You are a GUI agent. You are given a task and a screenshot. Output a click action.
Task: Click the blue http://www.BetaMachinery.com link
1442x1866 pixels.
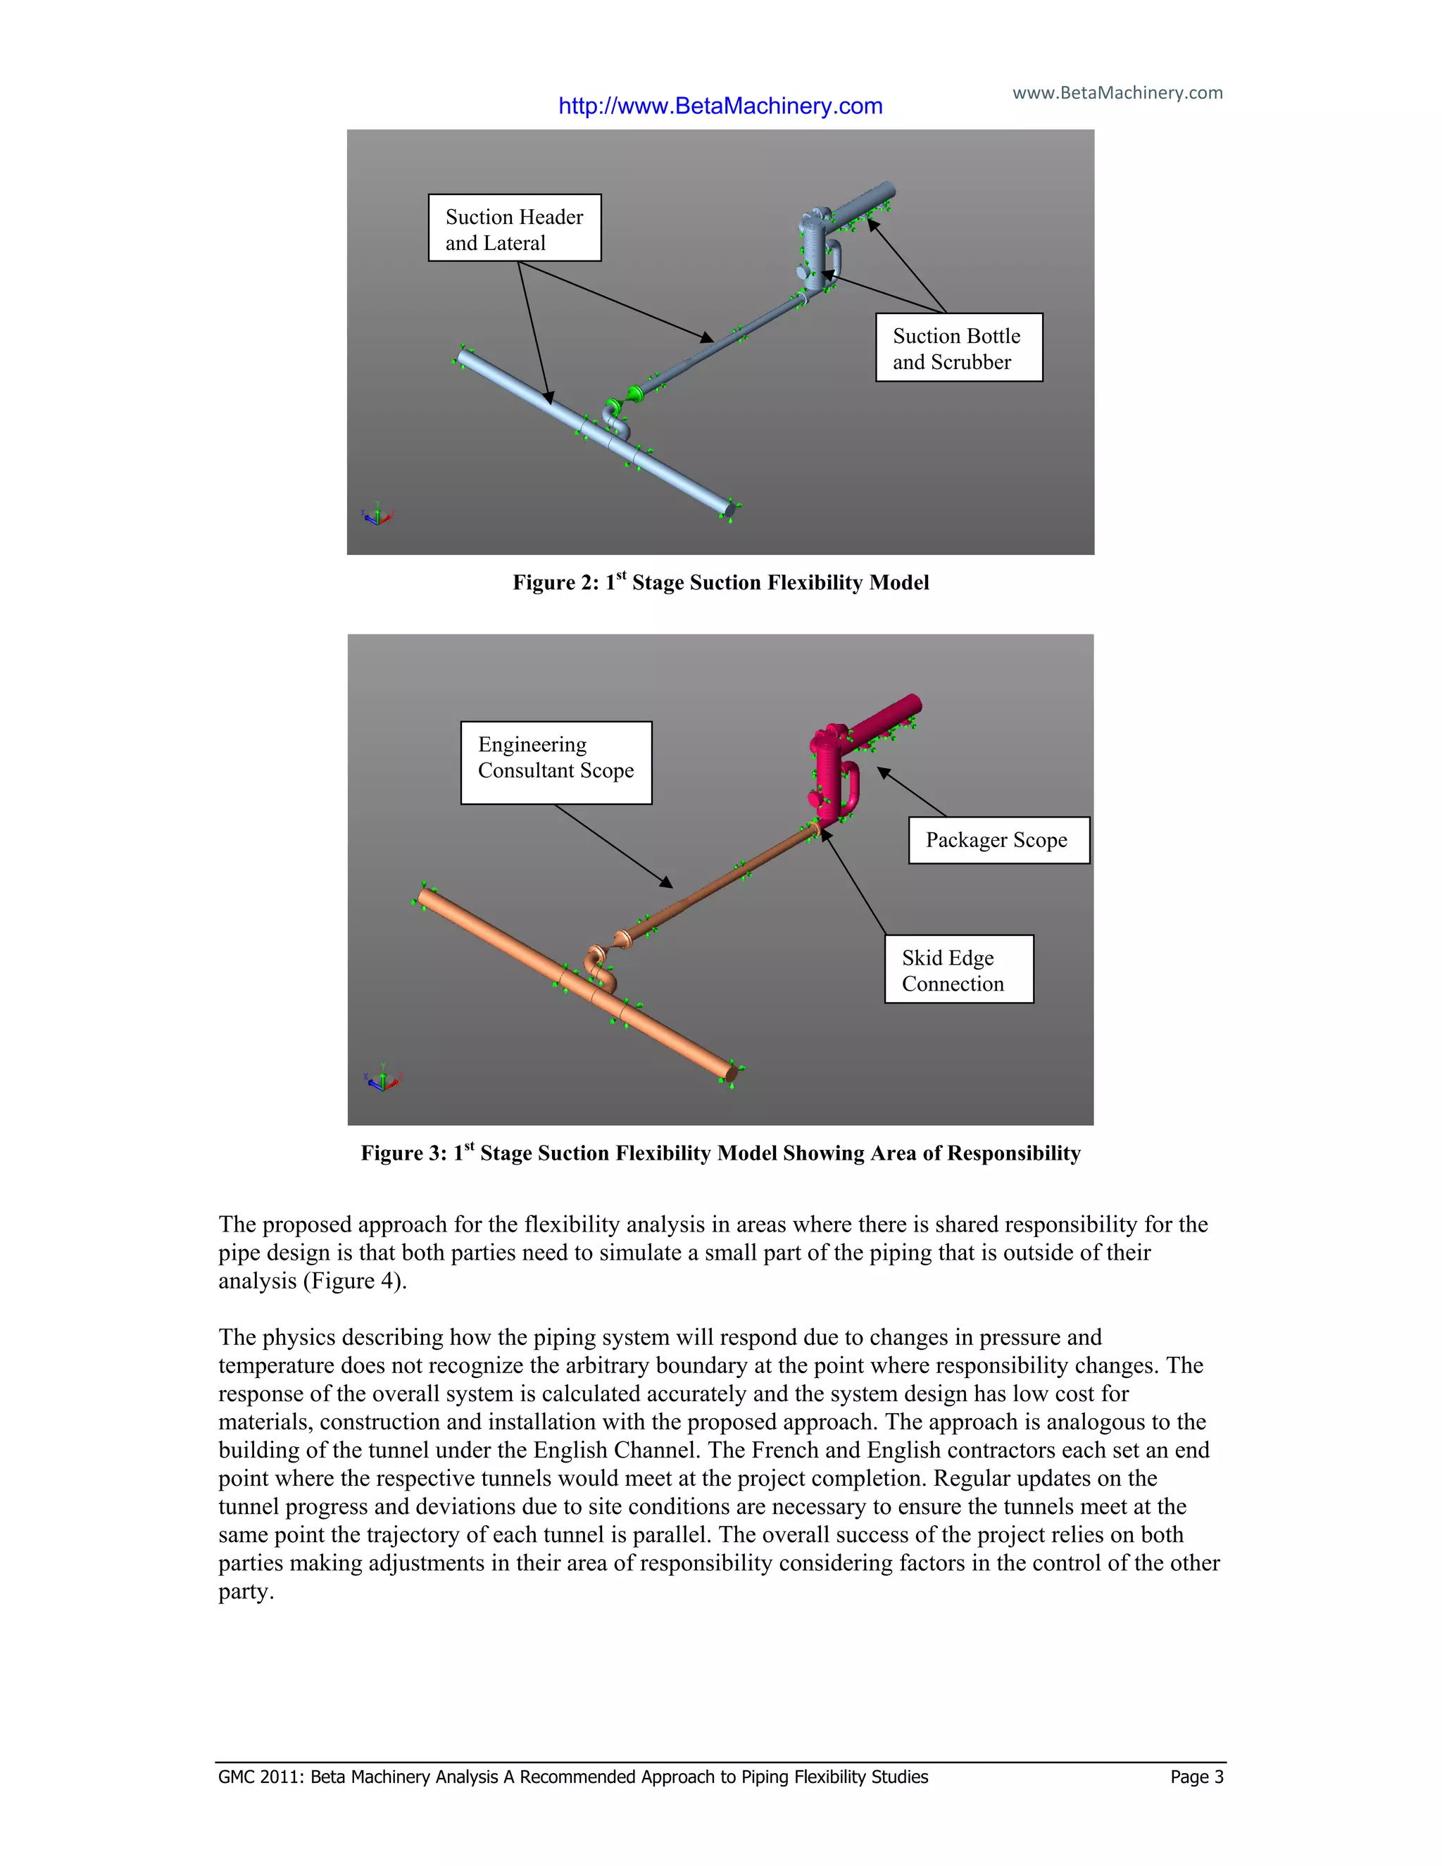coord(720,106)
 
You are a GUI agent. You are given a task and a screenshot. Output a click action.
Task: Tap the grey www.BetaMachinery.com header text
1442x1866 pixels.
coord(1117,92)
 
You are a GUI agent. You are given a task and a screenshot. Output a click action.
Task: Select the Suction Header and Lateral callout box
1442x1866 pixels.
coord(514,228)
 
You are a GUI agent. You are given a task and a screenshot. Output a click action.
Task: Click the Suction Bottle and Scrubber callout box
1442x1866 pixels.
coord(958,348)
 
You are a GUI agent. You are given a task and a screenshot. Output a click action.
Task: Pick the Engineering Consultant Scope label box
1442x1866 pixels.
coord(556,762)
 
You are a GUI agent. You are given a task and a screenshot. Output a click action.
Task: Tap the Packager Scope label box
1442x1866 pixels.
coord(998,840)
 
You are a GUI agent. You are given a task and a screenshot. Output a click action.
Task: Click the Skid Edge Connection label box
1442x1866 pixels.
coord(958,969)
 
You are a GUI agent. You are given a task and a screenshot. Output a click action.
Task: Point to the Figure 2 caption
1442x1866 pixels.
coord(720,583)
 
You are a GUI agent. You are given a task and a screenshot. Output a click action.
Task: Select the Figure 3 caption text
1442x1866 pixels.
coord(720,1153)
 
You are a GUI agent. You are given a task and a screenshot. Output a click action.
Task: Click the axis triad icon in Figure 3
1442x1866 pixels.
coord(382,1080)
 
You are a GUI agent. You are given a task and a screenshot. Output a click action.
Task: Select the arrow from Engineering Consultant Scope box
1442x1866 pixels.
coord(613,845)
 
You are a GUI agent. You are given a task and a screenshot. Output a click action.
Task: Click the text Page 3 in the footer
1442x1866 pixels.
coord(1196,1777)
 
